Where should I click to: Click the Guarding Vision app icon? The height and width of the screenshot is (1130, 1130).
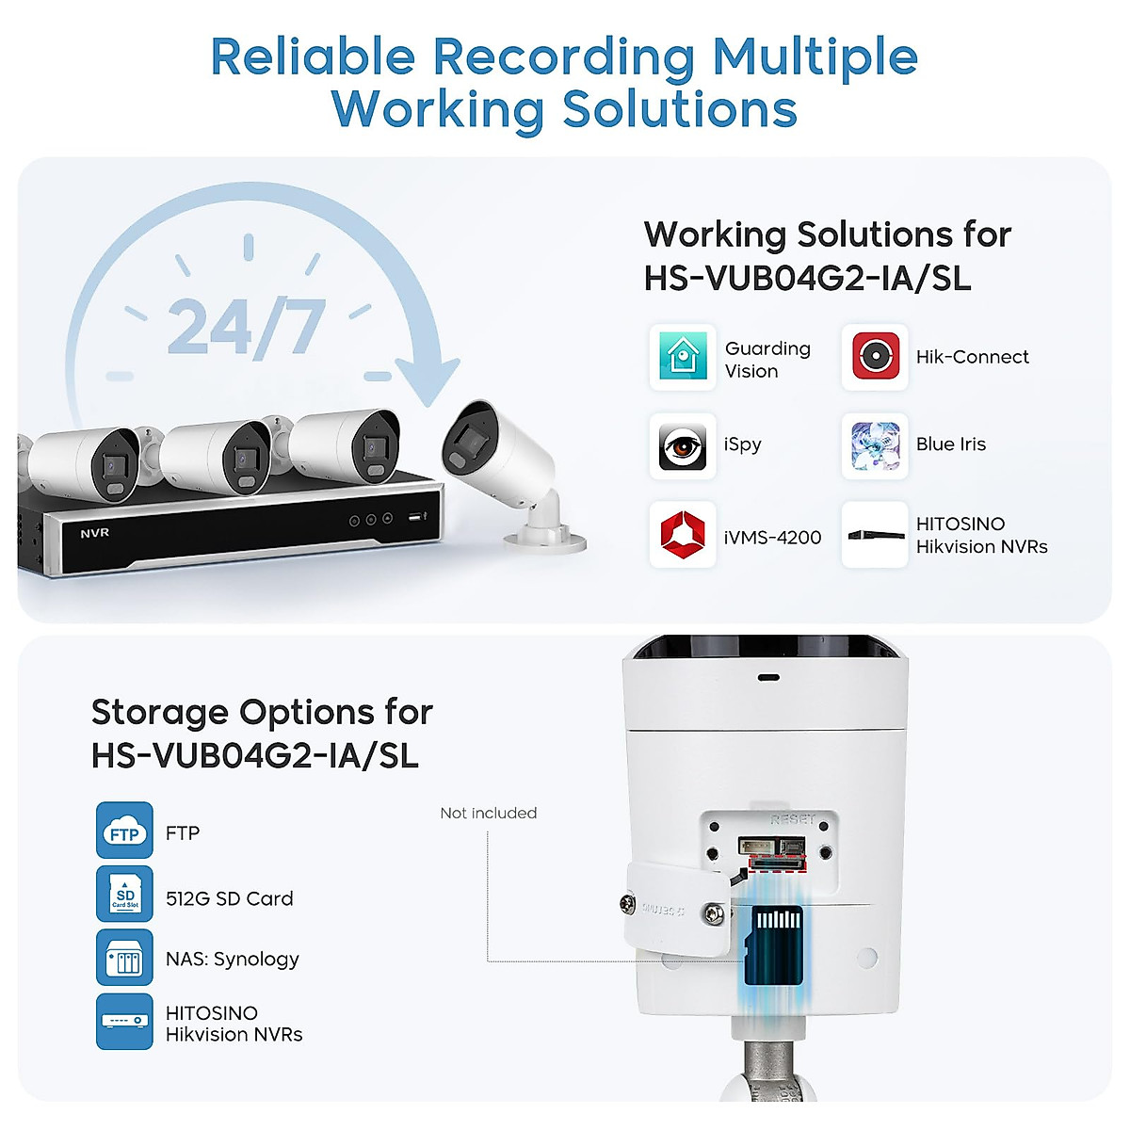point(683,357)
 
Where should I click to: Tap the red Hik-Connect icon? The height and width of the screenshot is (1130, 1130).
point(875,357)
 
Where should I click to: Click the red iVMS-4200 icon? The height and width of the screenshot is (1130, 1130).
point(683,535)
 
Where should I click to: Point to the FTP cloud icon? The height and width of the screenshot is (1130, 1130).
point(124,831)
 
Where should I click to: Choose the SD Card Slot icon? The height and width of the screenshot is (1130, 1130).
point(124,894)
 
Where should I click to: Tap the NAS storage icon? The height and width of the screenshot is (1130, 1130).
point(124,958)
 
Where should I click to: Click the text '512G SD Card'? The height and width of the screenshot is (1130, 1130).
point(229,899)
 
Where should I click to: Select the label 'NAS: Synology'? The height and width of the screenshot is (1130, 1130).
point(232,960)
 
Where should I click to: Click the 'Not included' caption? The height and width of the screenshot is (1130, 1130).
point(488,813)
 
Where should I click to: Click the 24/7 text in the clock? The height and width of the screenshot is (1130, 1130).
point(246,328)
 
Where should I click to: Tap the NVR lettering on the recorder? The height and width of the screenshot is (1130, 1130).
point(94,533)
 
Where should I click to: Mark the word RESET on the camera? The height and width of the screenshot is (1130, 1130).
point(792,820)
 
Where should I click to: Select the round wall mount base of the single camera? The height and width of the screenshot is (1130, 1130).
point(545,540)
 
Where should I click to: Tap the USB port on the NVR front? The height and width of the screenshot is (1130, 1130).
point(413,518)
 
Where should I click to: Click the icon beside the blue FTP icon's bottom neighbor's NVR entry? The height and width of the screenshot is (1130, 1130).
point(124,1021)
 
